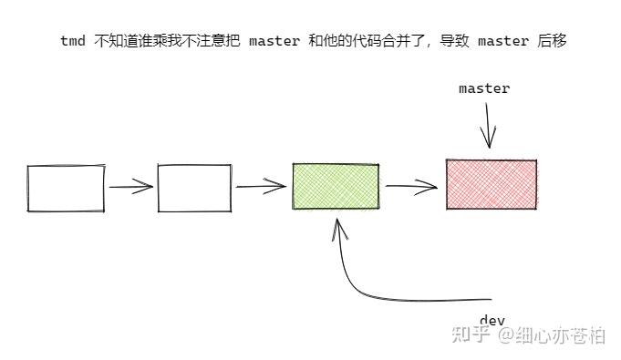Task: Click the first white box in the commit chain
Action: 66,188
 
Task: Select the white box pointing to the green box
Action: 194,188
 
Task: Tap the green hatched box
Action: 336,187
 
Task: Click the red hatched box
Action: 492,184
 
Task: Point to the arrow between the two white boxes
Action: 131,188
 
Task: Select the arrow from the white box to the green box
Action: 262,187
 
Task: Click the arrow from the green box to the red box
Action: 412,187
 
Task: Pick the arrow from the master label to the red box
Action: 489,124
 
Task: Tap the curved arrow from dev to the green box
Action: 365,287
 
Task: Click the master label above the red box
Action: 484,88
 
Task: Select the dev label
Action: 492,320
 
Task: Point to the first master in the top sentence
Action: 274,42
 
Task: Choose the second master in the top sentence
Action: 503,42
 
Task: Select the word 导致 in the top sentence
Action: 456,42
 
